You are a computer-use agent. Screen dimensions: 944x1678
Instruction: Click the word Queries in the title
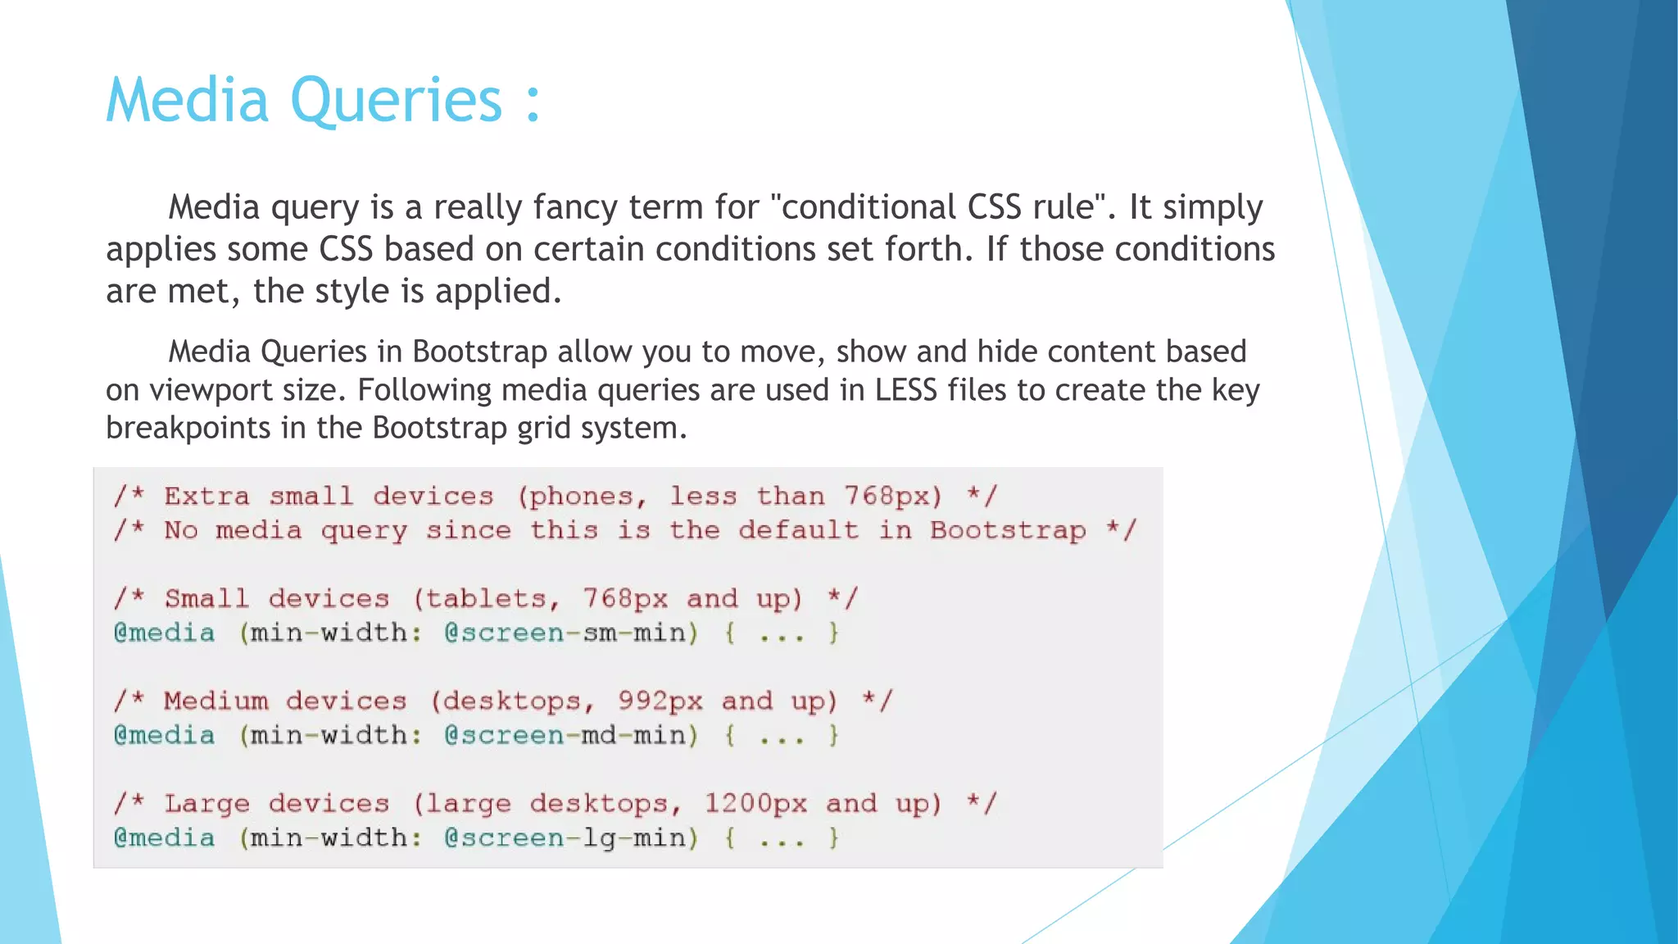[x=396, y=102]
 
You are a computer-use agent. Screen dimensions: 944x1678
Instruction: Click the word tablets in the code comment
[x=485, y=599]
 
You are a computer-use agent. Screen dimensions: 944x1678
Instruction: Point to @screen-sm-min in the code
[x=570, y=633]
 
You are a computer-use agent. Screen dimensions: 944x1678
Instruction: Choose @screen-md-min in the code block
[x=570, y=735]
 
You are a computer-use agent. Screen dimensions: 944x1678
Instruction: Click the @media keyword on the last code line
[x=165, y=837]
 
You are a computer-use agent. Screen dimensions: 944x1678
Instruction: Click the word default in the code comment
[x=798, y=530]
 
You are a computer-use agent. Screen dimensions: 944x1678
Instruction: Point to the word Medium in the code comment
[x=216, y=701]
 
